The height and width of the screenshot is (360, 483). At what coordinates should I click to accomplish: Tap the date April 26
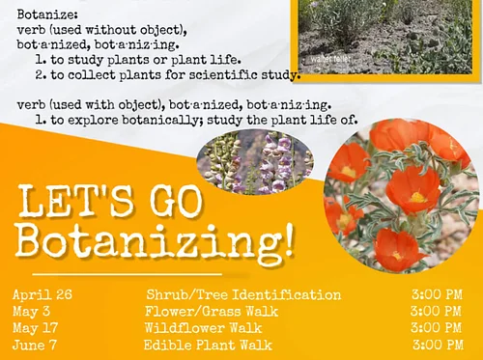click(x=43, y=294)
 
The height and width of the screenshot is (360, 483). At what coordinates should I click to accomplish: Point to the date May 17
click(x=37, y=328)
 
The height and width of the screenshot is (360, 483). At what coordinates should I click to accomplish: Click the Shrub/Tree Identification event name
click(x=242, y=294)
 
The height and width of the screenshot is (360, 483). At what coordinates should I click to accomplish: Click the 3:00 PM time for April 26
click(x=436, y=294)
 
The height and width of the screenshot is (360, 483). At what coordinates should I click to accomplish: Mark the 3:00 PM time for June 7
click(x=437, y=345)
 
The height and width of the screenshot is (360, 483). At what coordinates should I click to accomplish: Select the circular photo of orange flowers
click(x=401, y=194)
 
